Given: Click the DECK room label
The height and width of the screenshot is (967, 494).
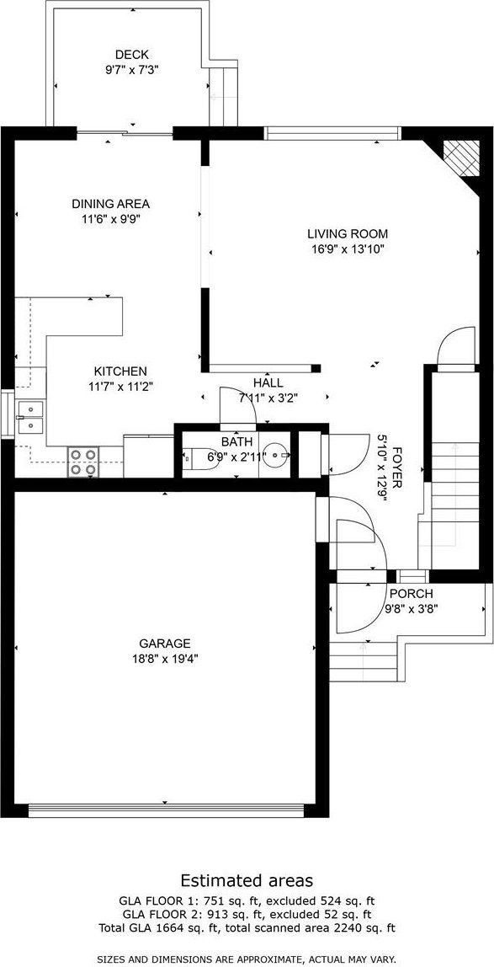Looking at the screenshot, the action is (132, 55).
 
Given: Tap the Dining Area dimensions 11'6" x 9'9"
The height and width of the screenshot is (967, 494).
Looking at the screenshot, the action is (111, 218).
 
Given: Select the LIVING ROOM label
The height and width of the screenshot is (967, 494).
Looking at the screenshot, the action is (348, 233).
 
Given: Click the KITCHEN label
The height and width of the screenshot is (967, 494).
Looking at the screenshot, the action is (120, 371).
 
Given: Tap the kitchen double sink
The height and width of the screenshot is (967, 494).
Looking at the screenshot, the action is (30, 417).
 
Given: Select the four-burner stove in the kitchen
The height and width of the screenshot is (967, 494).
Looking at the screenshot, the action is (83, 462).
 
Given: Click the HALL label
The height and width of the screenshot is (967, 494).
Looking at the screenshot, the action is (268, 383).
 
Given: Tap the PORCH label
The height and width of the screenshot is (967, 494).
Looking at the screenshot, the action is (412, 594).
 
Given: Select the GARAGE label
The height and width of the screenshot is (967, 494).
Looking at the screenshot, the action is (164, 644).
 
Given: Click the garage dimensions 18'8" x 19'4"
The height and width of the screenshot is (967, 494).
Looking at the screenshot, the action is (164, 659).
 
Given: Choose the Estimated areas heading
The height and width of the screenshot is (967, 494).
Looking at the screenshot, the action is (247, 879).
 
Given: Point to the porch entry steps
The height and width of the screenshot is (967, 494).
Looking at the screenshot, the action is (364, 660).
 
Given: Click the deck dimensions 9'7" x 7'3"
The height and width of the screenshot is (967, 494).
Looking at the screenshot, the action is (132, 70).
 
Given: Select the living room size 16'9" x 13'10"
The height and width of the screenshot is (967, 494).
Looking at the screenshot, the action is (348, 249).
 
